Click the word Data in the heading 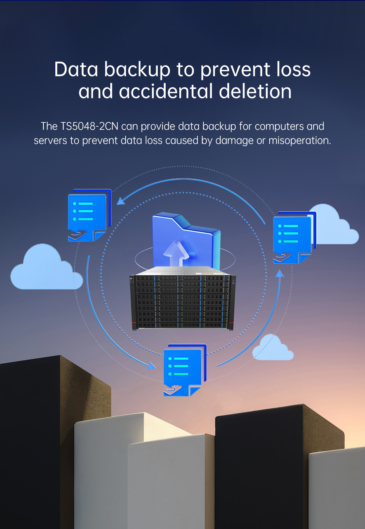pyautogui.click(x=76, y=69)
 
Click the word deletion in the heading pyautogui.click(x=255, y=91)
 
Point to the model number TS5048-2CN pyautogui.click(x=89, y=126)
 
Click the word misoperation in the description pyautogui.click(x=299, y=140)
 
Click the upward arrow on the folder pyautogui.click(x=176, y=253)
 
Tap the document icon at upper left pyautogui.click(x=89, y=215)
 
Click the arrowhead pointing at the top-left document pyautogui.click(x=121, y=201)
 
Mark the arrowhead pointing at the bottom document pyautogui.click(x=151, y=366)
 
